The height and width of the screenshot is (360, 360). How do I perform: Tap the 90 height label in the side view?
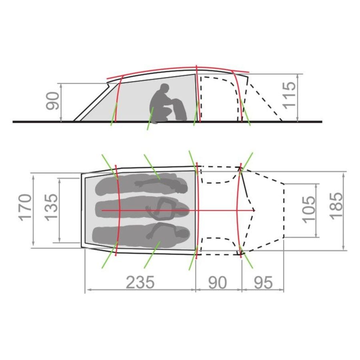52,101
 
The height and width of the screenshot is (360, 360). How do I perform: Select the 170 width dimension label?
25,208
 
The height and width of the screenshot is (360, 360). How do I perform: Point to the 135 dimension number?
50,208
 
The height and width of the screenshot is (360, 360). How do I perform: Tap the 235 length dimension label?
140,282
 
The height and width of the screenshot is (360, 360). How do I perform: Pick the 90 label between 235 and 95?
218,283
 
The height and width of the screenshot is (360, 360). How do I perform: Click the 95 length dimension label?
263,283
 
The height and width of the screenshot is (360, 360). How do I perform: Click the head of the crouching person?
165,88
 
